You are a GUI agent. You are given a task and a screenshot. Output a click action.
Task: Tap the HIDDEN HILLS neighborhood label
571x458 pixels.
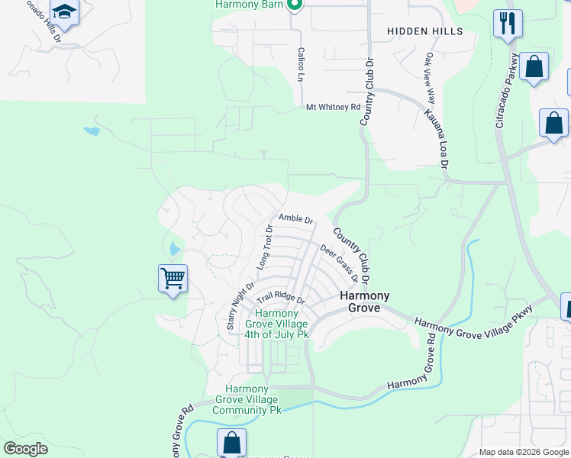click(x=424, y=31)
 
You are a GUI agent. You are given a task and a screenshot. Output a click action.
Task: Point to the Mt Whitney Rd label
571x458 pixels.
click(x=332, y=108)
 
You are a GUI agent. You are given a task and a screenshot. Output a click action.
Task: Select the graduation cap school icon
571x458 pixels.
click(x=65, y=13)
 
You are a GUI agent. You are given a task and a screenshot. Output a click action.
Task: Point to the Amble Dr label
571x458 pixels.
click(x=296, y=219)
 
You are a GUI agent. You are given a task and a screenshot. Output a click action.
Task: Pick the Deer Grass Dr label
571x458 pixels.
click(x=339, y=263)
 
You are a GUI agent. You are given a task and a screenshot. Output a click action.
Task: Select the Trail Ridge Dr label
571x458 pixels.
click(x=280, y=298)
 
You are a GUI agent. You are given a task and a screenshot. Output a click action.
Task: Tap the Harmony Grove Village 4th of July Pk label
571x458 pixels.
click(x=276, y=324)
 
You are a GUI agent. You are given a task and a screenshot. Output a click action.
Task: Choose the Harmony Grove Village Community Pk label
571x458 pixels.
click(x=247, y=399)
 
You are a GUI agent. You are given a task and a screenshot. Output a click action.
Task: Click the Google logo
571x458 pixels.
click(x=25, y=449)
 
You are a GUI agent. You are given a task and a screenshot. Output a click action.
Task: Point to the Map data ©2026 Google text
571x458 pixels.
click(x=523, y=452)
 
